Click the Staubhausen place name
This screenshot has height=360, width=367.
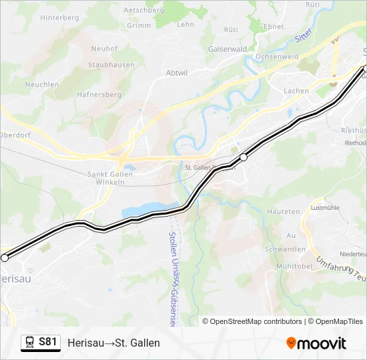[x=111, y=65]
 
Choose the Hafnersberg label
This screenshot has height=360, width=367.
[x=99, y=95]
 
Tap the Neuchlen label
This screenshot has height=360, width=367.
[x=43, y=84]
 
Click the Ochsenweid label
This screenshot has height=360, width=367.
[x=276, y=57]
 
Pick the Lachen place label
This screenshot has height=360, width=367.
[x=296, y=91]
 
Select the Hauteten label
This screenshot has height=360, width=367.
[x=284, y=211]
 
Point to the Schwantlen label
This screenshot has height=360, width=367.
[x=285, y=249]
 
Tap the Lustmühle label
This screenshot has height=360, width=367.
[x=326, y=207]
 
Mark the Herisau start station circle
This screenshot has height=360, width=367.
[x=5, y=257]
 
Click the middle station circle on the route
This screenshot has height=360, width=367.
[x=244, y=157]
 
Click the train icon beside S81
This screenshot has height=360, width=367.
[x=30, y=343]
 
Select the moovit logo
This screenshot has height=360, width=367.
[x=316, y=343]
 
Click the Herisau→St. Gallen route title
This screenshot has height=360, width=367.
[x=113, y=343]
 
